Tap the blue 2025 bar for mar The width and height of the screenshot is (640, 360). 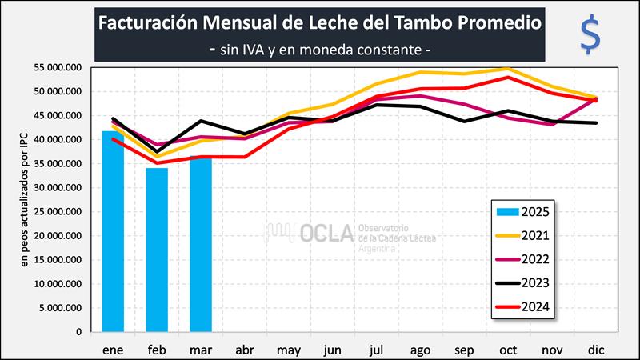201,243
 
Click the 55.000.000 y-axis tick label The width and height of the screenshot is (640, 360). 58,68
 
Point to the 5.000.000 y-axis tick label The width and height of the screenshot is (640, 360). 60,308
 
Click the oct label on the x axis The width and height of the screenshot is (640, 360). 507,350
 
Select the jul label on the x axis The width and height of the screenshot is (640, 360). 376,350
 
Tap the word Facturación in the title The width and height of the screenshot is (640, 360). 148,22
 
